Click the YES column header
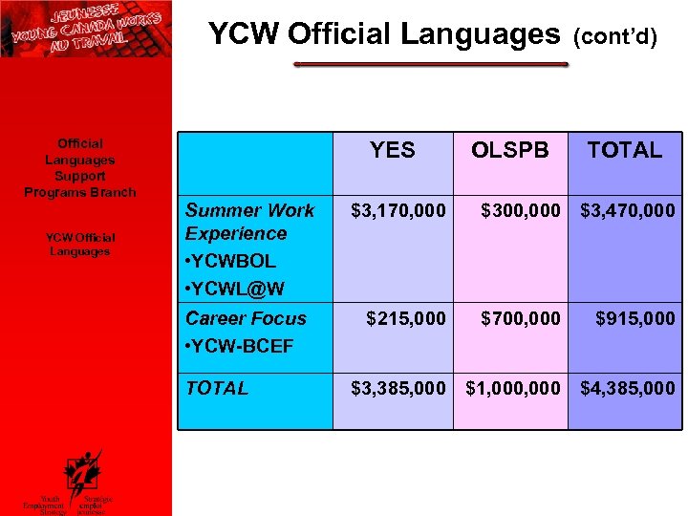[x=393, y=150]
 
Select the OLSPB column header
[x=510, y=150]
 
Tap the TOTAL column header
[x=625, y=150]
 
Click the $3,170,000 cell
[x=398, y=210]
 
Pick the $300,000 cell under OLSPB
[x=521, y=210]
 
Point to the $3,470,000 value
[x=628, y=210]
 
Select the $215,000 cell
[x=406, y=318]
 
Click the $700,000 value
[x=521, y=318]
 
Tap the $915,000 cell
[x=635, y=318]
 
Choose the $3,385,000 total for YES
[x=398, y=388]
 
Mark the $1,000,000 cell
[x=513, y=388]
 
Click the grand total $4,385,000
[x=628, y=388]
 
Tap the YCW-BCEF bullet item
[x=239, y=345]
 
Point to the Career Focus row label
[x=246, y=318]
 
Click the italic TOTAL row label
[x=217, y=388]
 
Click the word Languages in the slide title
[x=481, y=34]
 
